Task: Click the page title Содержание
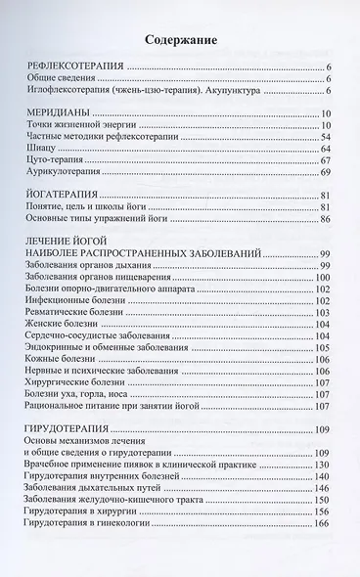180,40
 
